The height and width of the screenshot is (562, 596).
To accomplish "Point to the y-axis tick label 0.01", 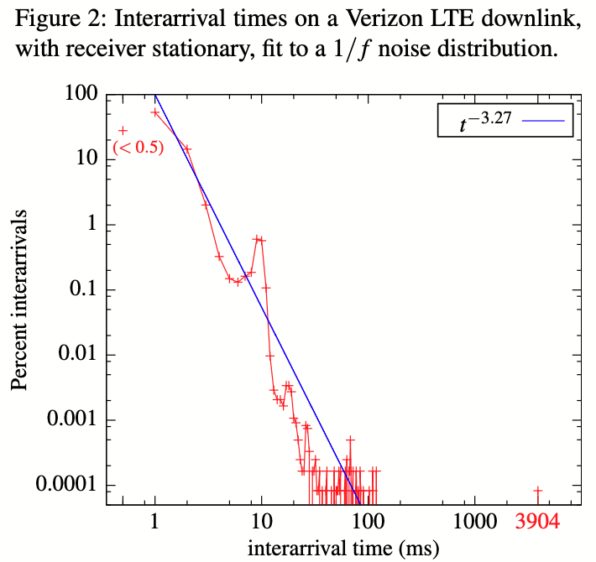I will click(76, 355).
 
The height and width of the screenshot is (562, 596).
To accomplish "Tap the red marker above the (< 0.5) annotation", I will click(123, 130).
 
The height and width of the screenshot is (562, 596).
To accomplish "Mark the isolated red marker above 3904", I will click(537, 491).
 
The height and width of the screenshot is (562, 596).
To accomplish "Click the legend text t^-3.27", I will click(485, 123).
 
